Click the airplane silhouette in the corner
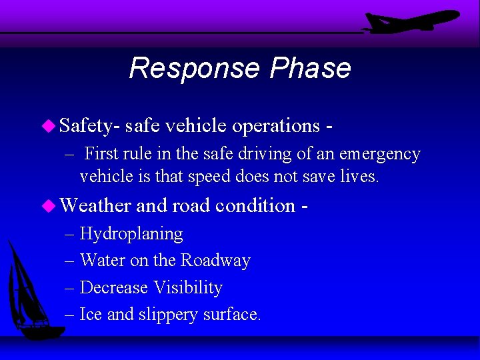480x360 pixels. click(410, 21)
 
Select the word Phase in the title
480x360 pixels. click(310, 68)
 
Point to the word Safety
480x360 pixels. click(87, 126)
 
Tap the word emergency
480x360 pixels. click(379, 155)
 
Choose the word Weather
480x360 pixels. click(95, 205)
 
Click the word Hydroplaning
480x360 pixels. click(131, 234)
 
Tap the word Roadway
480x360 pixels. click(215, 261)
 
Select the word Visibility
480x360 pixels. click(187, 287)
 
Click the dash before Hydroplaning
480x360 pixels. click(70, 235)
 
